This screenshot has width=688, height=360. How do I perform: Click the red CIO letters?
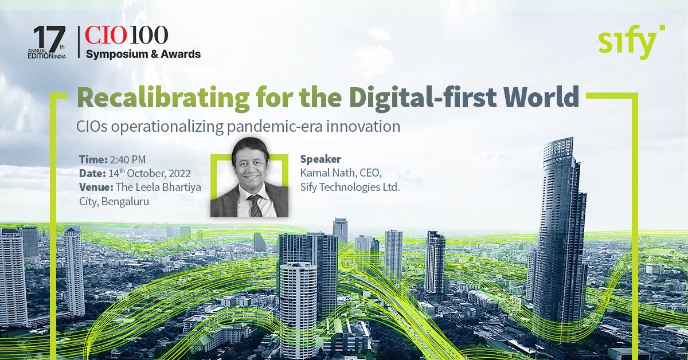105,35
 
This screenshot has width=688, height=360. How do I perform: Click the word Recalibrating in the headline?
163,98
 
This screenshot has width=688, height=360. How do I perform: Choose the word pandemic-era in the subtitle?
274,127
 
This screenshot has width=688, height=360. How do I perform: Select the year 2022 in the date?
179,174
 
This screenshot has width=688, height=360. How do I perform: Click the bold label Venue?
96,187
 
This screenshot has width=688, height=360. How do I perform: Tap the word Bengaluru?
125,202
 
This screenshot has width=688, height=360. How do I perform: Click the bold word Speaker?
320,159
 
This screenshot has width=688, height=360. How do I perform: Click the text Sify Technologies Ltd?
350,187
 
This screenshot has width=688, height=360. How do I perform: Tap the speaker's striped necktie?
255,205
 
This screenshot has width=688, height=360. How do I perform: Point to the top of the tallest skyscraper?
558,139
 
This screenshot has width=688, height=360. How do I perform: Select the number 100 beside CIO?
148,35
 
